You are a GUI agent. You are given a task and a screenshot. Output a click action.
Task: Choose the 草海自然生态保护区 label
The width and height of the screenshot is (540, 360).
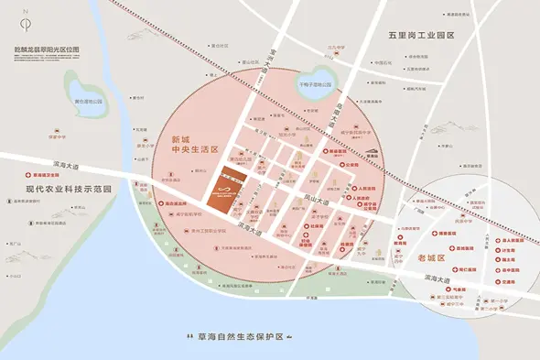click(x=231, y=337)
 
